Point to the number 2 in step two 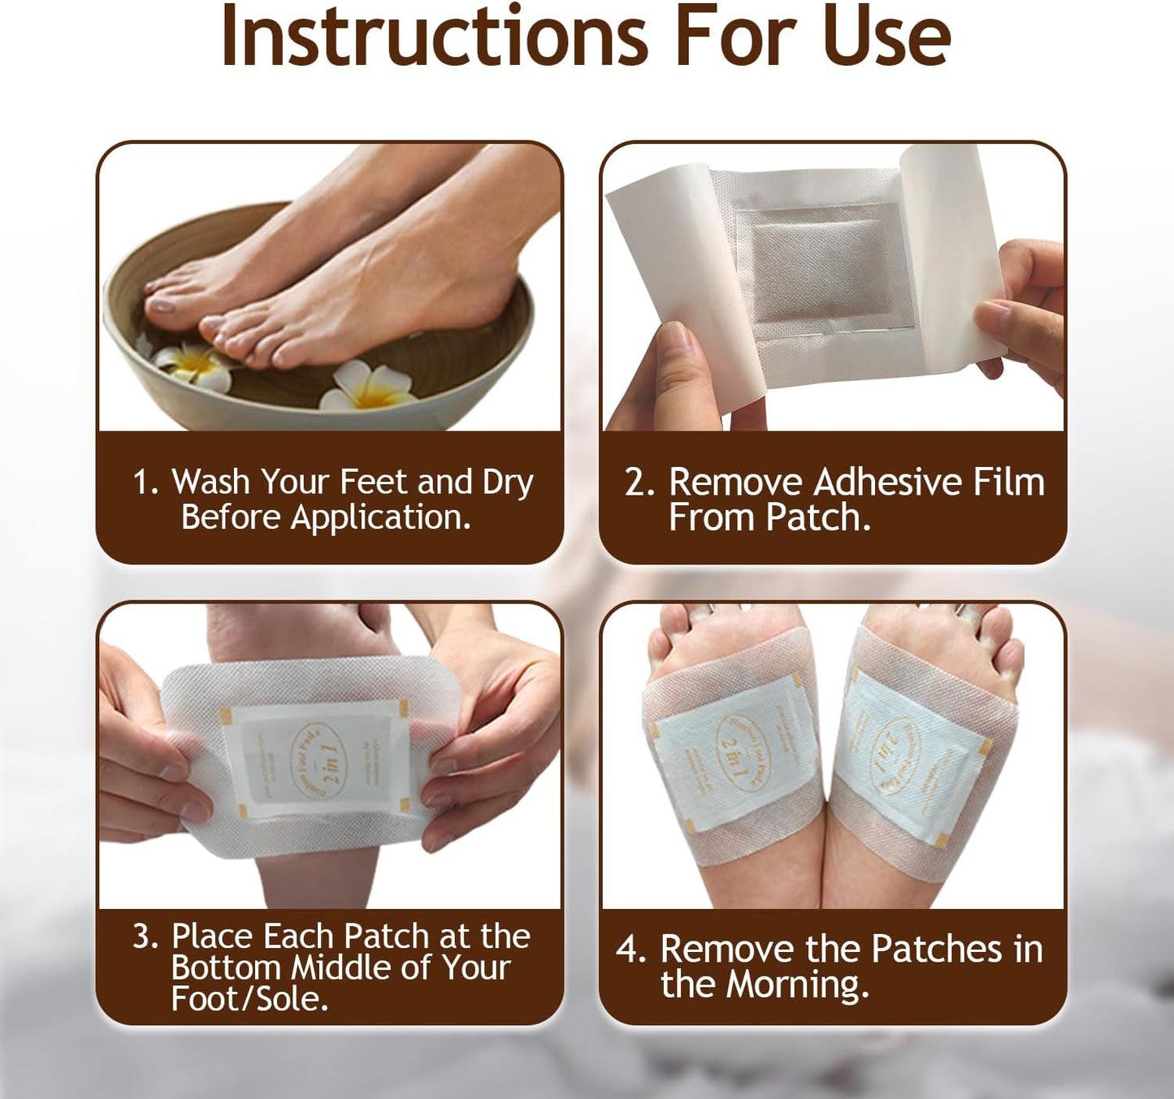tap(638, 482)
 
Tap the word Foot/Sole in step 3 tap(249, 998)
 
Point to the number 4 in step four tap(629, 949)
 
